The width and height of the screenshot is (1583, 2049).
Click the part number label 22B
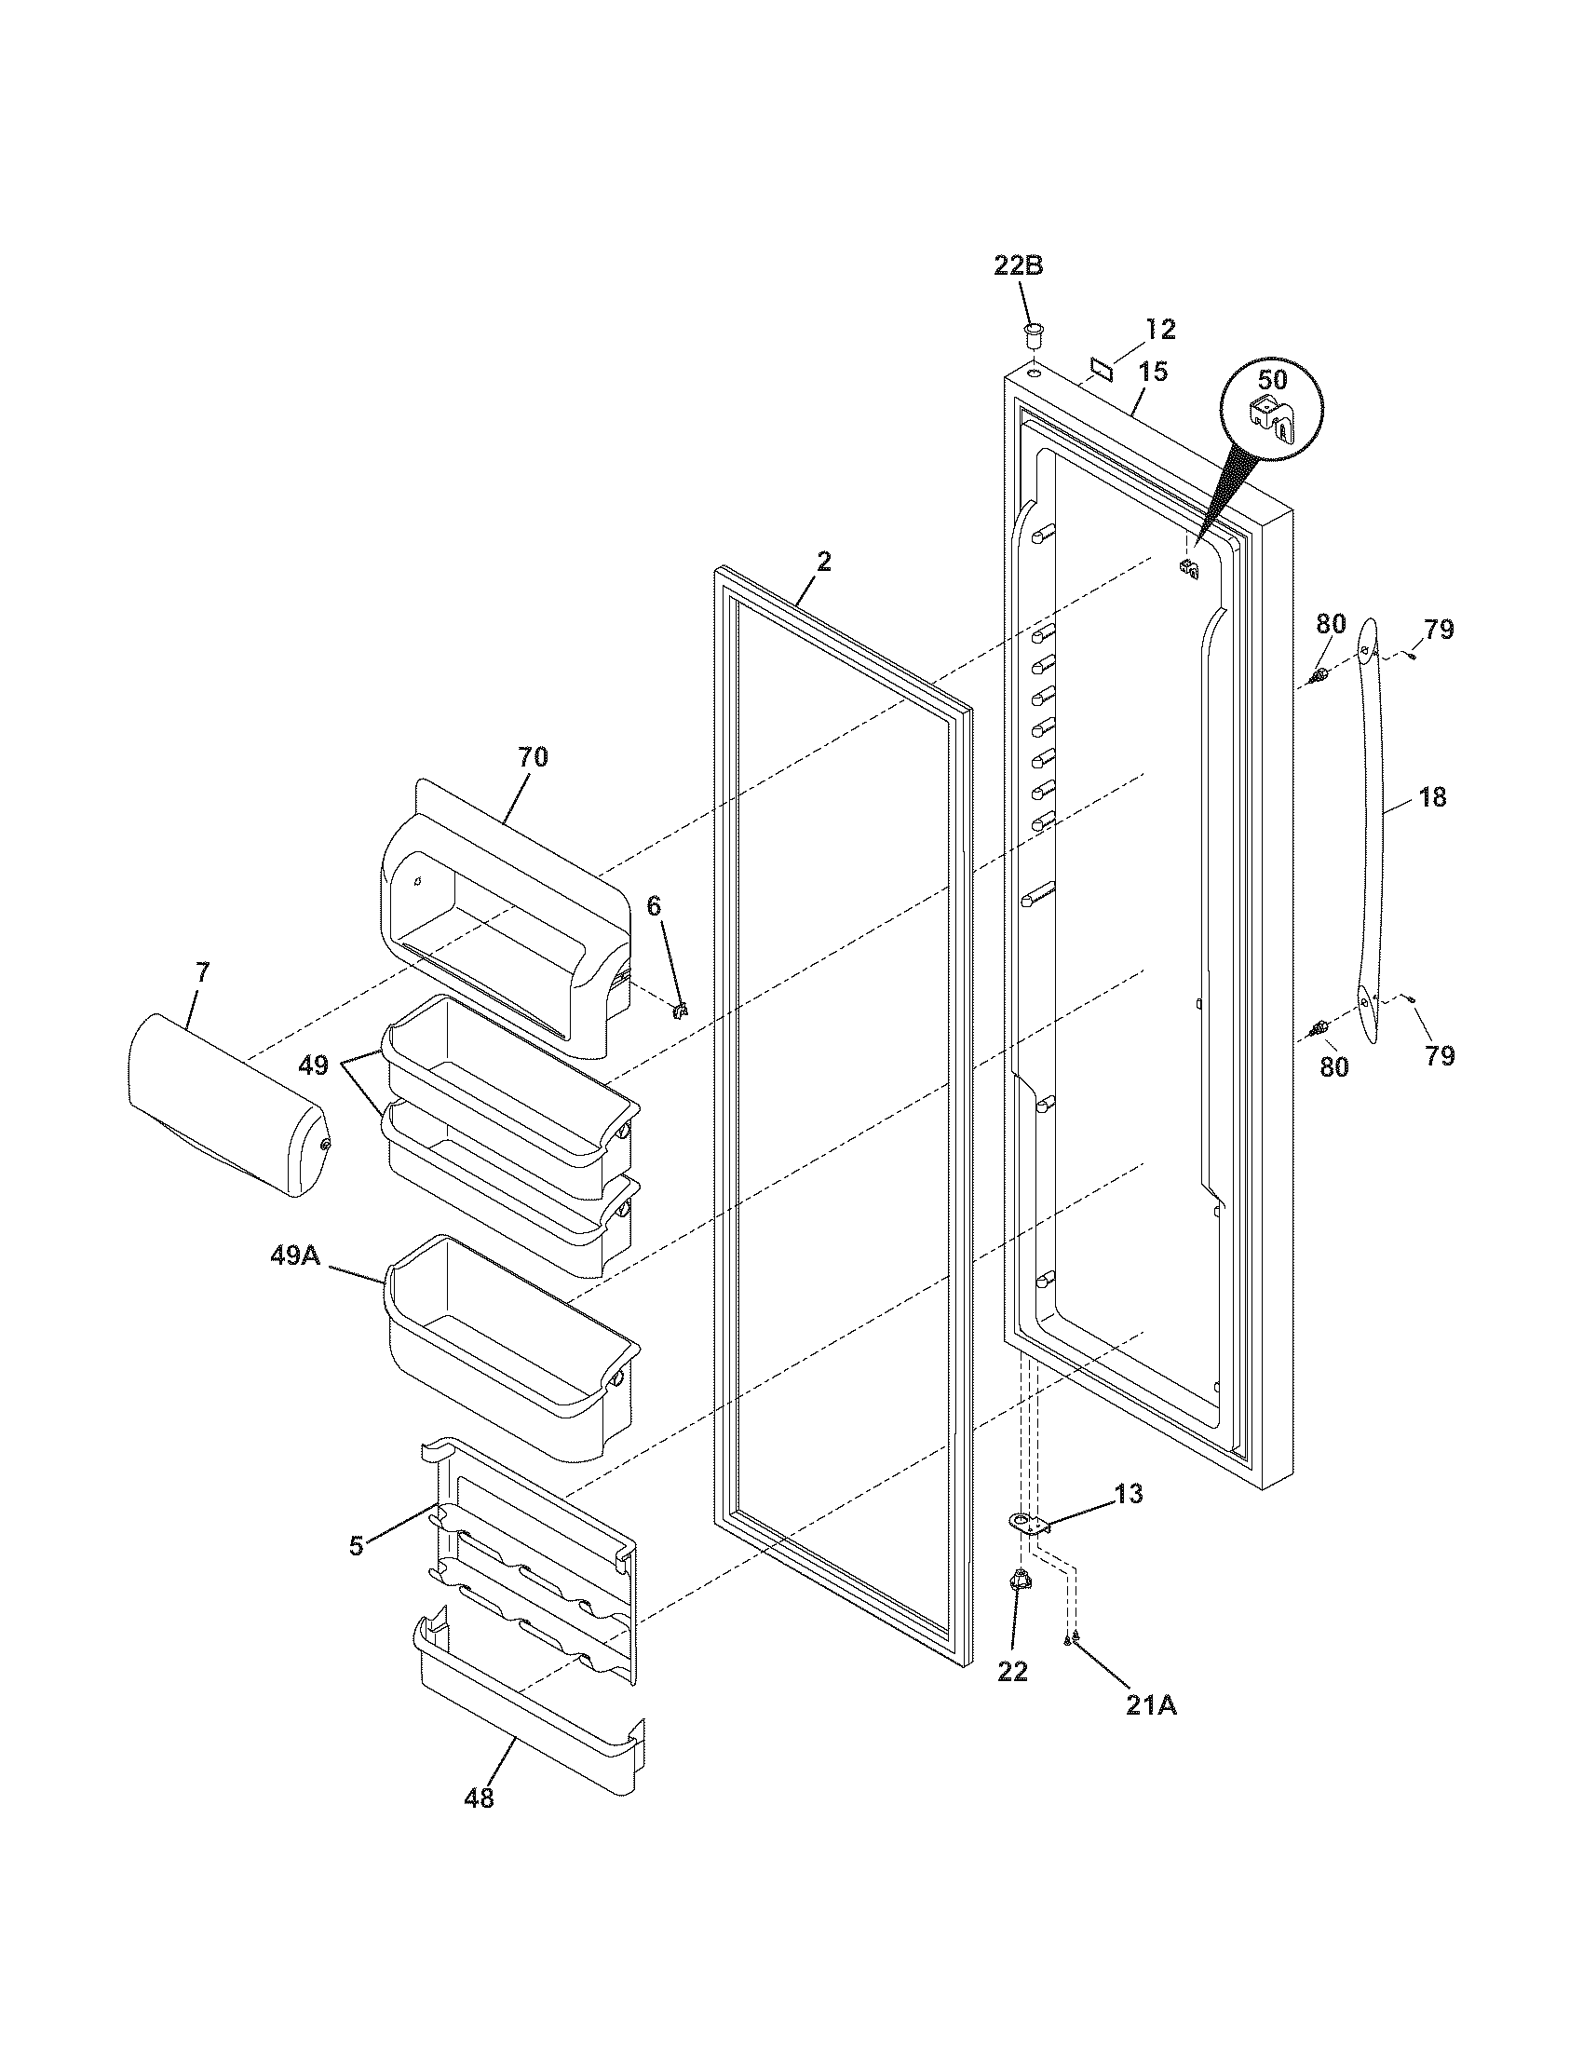point(1019,265)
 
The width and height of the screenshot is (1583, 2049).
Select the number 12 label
point(1161,330)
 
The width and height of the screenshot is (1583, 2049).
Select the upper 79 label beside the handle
point(1438,630)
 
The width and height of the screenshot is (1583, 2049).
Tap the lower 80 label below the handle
point(1333,1066)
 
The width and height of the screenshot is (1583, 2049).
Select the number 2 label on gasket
point(823,561)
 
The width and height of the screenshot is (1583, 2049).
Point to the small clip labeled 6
point(683,1010)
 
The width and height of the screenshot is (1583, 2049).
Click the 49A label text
point(295,1255)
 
